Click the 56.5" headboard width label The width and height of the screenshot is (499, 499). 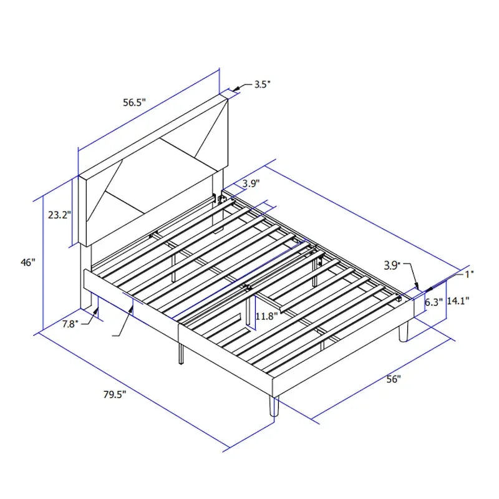coord(133,103)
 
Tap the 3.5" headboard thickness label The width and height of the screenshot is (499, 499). coord(262,84)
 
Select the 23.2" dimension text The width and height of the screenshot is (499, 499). coord(60,215)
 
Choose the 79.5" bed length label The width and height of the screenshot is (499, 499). coord(115,394)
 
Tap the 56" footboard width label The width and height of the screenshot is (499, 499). coord(392,379)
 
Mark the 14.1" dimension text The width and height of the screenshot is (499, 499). coord(458,301)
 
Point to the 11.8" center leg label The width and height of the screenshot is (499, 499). coord(267,316)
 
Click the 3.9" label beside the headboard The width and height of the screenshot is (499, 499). coord(251,183)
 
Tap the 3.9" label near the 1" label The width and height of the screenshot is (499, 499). coord(391,266)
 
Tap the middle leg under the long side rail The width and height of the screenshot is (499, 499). coord(181,352)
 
